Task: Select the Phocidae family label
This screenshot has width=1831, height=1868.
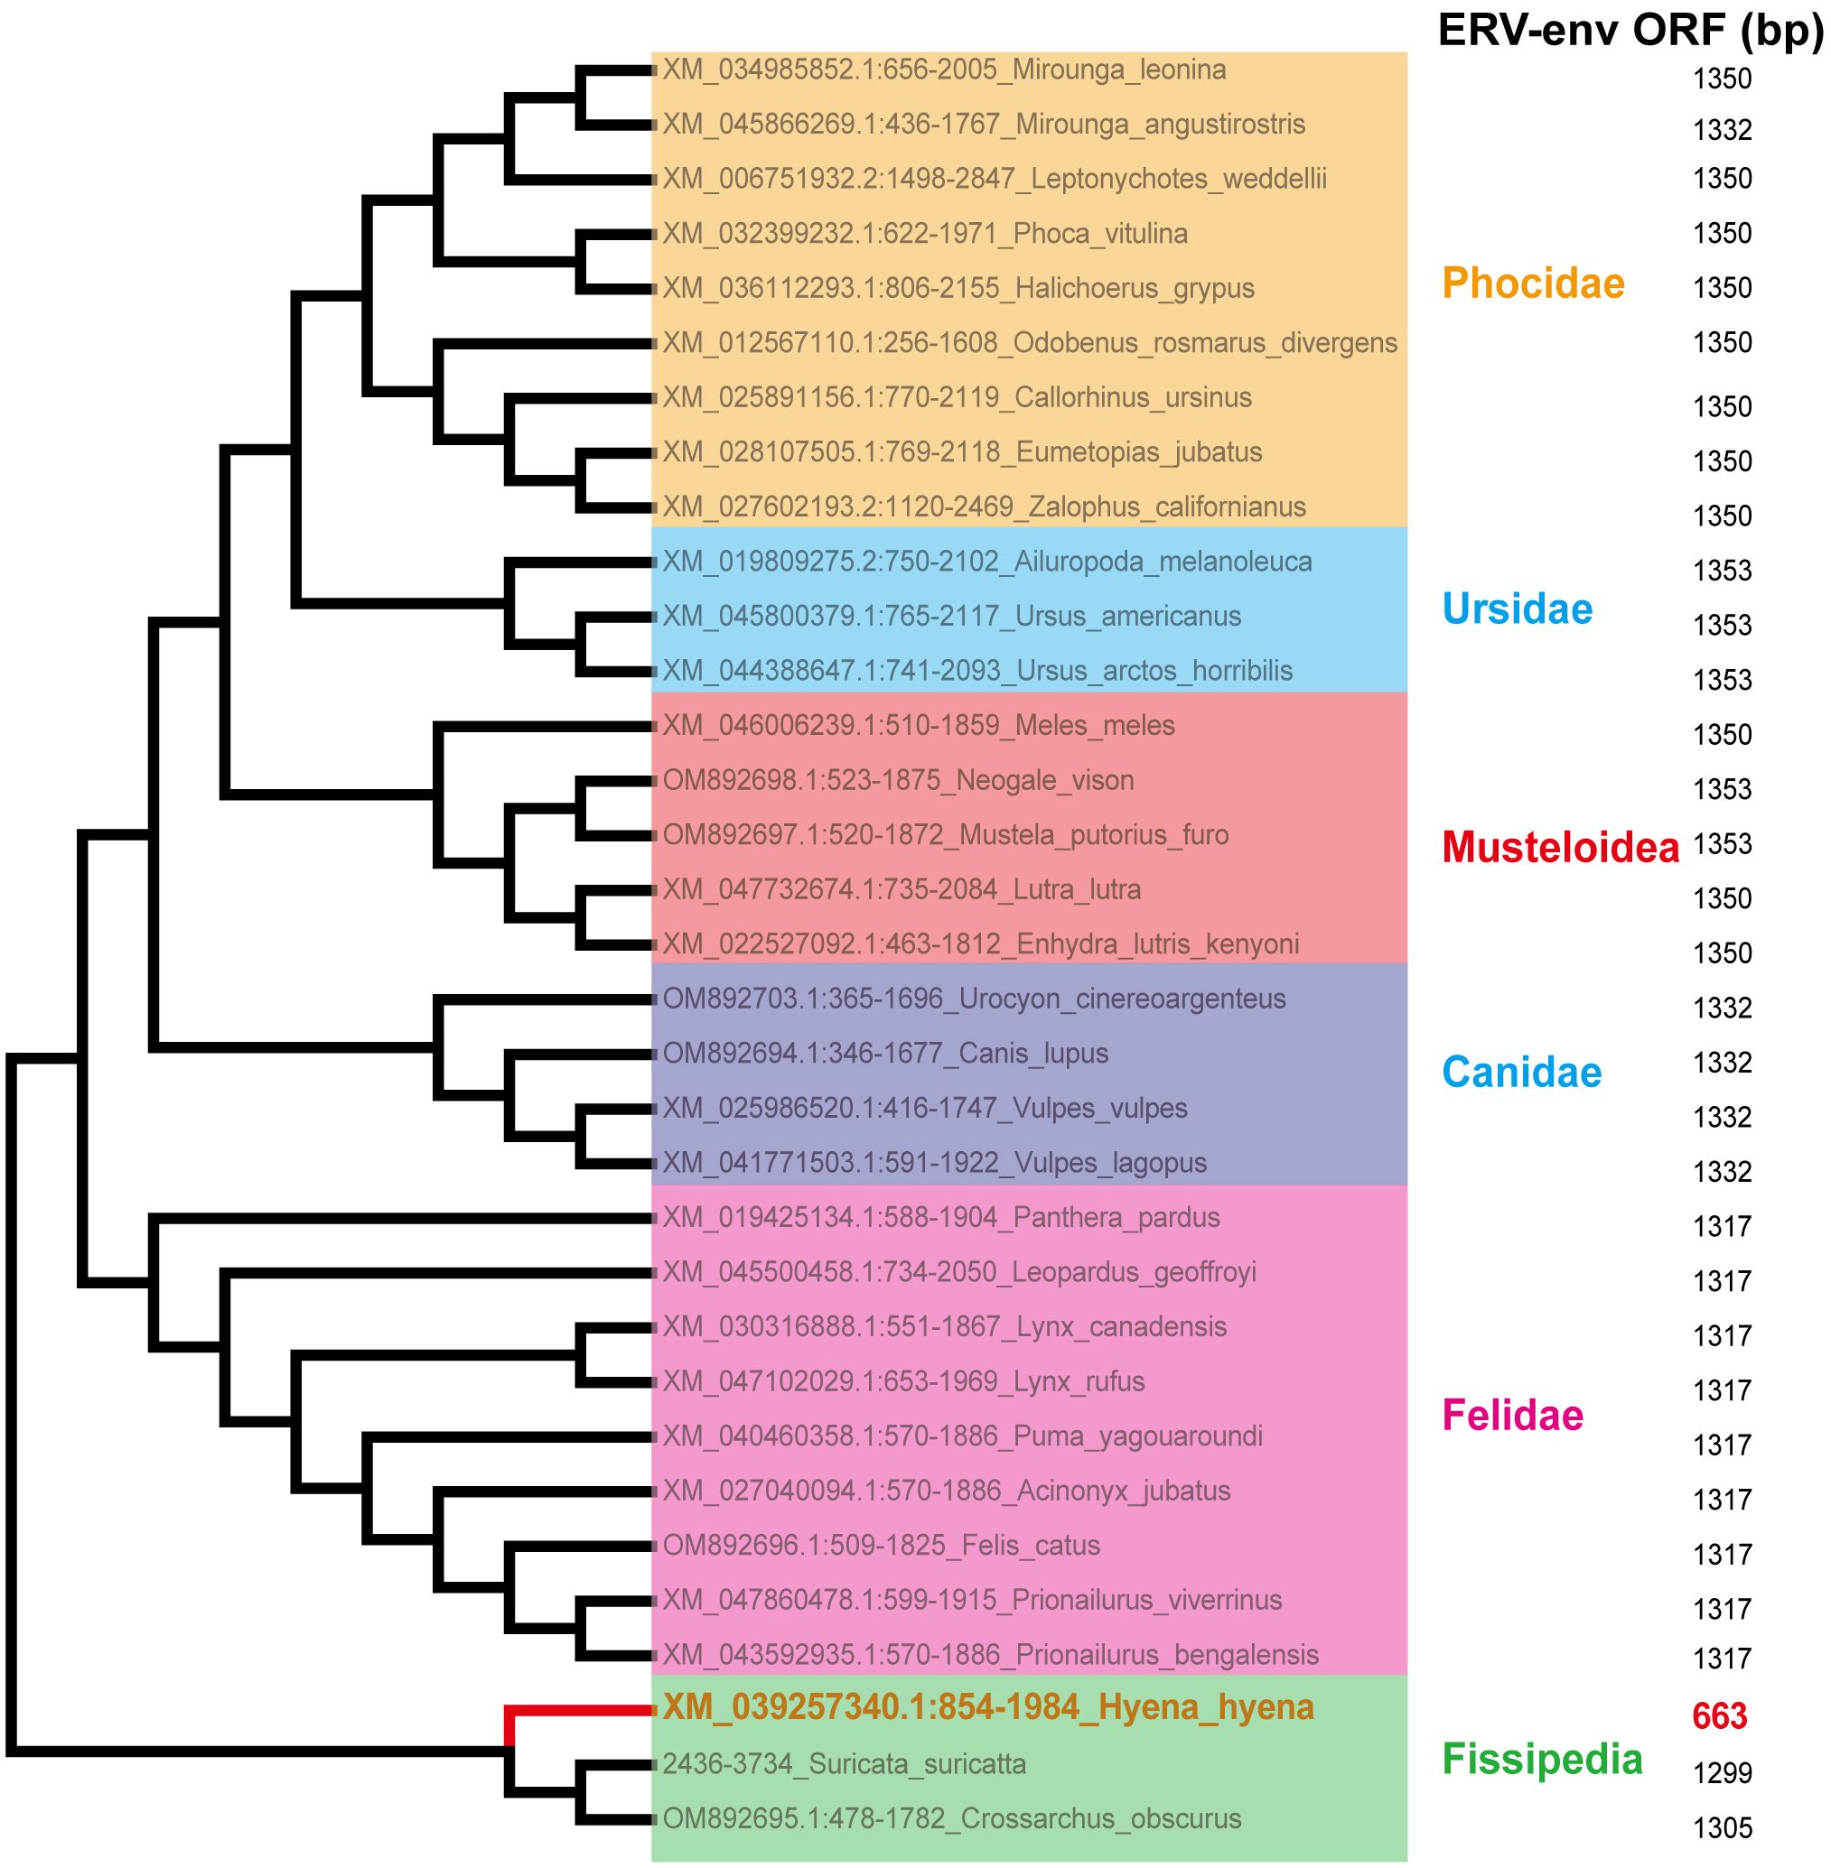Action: tap(1533, 283)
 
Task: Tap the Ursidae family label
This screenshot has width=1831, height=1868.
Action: tap(1517, 609)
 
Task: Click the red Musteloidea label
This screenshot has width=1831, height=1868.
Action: tap(1560, 847)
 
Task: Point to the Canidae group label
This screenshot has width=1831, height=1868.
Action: tap(1521, 1072)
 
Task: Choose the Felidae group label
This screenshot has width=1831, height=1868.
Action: tap(1513, 1415)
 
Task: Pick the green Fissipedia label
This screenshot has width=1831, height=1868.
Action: tap(1542, 1759)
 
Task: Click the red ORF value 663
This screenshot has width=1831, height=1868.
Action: tap(1720, 1716)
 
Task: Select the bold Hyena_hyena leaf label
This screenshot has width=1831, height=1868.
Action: tap(987, 1707)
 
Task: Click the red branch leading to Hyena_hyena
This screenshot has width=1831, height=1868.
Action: tap(577, 1709)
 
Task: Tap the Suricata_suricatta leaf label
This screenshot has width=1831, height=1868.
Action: tap(844, 1764)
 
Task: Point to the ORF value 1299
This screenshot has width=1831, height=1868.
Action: tap(1722, 1772)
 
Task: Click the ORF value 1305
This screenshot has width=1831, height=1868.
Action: tap(1722, 1826)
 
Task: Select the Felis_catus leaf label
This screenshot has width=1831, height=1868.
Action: tap(881, 1545)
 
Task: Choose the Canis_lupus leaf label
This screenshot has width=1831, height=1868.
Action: tap(884, 1054)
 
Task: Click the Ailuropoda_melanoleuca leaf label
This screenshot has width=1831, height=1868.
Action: tap(986, 562)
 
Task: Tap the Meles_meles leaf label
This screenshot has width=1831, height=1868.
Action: tap(919, 725)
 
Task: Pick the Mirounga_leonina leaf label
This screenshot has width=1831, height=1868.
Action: tap(943, 70)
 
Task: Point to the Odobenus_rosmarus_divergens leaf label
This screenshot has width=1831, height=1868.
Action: tap(1029, 343)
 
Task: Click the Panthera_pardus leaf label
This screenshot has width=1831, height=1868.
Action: tap(940, 1217)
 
